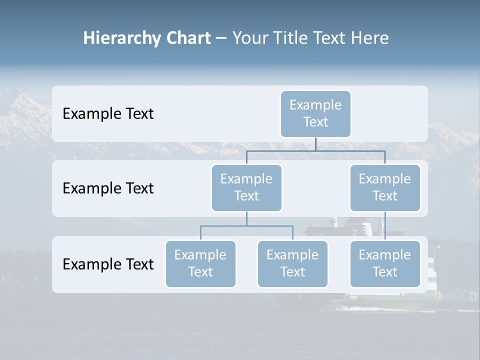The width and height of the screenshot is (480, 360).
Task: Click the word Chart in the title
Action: [188, 38]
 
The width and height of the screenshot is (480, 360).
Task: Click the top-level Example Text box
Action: [315, 113]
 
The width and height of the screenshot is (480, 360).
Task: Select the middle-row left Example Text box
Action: [246, 187]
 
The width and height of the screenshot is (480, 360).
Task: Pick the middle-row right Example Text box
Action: [385, 187]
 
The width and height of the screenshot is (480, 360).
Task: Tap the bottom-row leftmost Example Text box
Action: [200, 263]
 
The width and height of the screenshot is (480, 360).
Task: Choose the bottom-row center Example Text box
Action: [292, 263]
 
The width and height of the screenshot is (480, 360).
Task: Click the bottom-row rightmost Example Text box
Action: [385, 263]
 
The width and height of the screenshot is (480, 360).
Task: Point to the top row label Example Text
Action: [108, 113]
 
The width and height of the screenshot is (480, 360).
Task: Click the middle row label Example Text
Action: [108, 188]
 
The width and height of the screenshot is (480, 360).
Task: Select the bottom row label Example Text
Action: [108, 264]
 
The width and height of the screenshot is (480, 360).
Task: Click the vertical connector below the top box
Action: [315, 144]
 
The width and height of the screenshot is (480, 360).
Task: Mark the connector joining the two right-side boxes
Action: [385, 226]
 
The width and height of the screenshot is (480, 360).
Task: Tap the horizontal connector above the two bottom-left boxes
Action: [246, 226]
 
